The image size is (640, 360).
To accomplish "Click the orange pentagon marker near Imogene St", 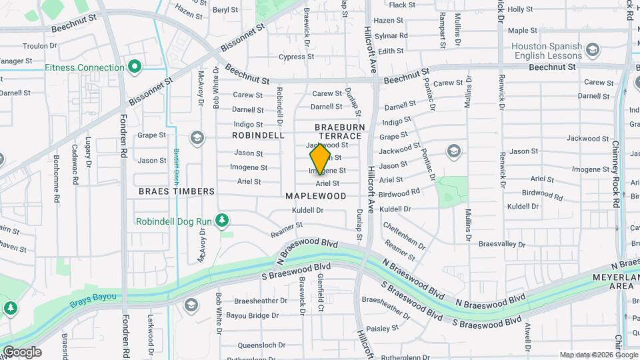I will point(320,159).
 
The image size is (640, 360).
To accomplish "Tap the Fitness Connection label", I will point(85,67).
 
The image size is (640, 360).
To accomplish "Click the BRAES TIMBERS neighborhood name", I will point(177,191).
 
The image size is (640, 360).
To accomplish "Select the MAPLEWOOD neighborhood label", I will point(316,196).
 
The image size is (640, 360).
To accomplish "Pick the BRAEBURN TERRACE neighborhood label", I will point(338,131).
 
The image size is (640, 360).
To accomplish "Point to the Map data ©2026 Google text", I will point(598,355).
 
